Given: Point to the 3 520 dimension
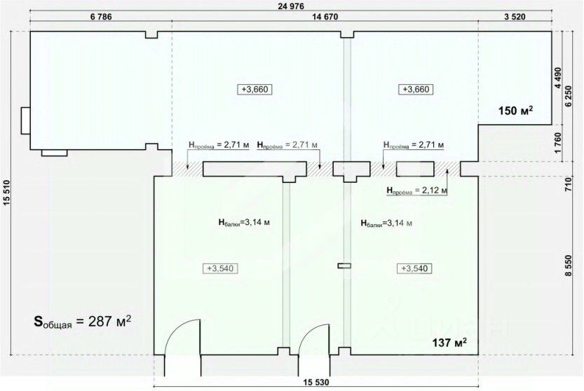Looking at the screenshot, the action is pyautogui.click(x=515, y=18).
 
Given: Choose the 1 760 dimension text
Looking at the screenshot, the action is pyautogui.click(x=558, y=143).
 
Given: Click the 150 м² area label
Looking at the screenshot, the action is pyautogui.click(x=516, y=110).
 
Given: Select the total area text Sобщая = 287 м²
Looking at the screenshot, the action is pyautogui.click(x=83, y=322).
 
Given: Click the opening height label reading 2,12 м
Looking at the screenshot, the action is pyautogui.click(x=416, y=190).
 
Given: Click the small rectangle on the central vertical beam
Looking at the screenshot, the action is pyautogui.click(x=344, y=265).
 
